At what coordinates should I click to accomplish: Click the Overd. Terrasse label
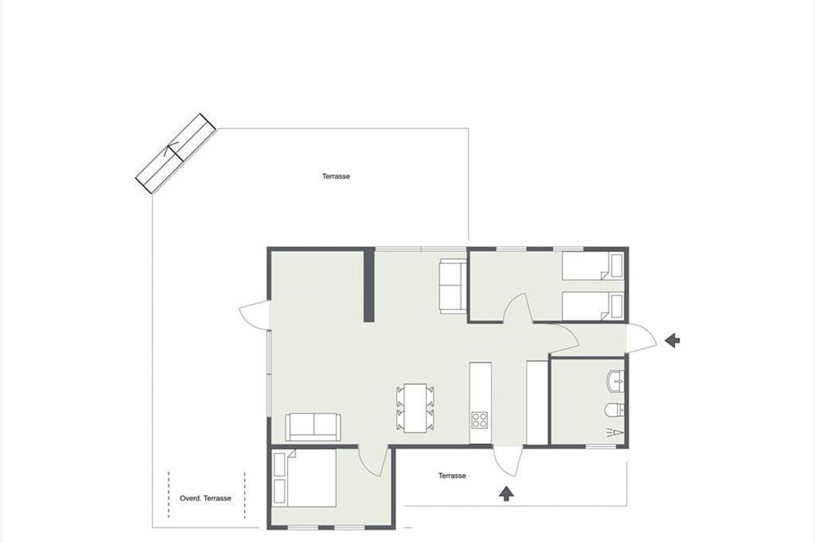(205, 498)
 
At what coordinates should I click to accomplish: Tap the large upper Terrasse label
(336, 176)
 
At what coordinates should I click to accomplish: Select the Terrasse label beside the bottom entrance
(452, 476)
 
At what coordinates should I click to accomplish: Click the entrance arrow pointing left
(672, 341)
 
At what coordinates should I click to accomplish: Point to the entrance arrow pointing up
(506, 494)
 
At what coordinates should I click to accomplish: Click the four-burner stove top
(480, 419)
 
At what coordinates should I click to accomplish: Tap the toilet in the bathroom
(615, 410)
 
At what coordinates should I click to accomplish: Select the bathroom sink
(615, 381)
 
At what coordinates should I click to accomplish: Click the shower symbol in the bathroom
(615, 432)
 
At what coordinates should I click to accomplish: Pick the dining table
(415, 408)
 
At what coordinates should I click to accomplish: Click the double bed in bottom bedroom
(304, 478)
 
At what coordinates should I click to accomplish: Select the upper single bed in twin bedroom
(594, 266)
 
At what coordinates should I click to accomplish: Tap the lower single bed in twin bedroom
(594, 307)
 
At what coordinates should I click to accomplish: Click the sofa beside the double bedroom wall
(313, 427)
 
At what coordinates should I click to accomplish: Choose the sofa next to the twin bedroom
(453, 286)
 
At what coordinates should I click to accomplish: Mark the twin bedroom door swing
(518, 307)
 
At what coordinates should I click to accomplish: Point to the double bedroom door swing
(373, 461)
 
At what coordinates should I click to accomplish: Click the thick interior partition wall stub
(369, 285)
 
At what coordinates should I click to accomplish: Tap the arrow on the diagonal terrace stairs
(172, 149)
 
